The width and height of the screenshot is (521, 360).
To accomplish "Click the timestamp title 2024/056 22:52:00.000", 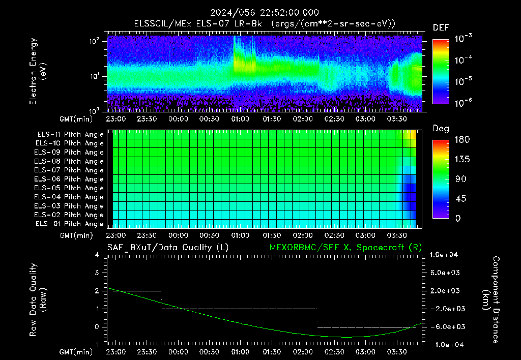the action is pyautogui.click(x=265, y=13).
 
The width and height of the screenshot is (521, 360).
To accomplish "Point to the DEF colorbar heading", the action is pyautogui.click(x=441, y=28).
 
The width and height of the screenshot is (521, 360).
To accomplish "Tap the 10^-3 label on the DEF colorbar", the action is pyautogui.click(x=463, y=38).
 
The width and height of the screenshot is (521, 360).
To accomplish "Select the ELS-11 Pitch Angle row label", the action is pyautogui.click(x=70, y=135).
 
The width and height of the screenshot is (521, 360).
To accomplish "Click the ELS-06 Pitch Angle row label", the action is pyautogui.click(x=69, y=179).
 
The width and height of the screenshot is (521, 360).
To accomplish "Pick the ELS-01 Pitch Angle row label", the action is pyautogui.click(x=70, y=224).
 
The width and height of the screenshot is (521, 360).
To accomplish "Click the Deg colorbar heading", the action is pyautogui.click(x=441, y=129).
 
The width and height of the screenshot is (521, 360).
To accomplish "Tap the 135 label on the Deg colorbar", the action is pyautogui.click(x=462, y=159).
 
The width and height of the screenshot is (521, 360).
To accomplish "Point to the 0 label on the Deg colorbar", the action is pyautogui.click(x=458, y=218).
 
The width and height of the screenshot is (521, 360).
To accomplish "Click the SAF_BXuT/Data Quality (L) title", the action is pyautogui.click(x=168, y=248).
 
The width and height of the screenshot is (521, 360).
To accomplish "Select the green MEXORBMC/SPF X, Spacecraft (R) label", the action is pyautogui.click(x=345, y=248).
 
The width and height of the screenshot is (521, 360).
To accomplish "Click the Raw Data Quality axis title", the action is pyautogui.click(x=37, y=299).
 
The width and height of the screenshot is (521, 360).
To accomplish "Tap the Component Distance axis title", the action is pyautogui.click(x=491, y=300).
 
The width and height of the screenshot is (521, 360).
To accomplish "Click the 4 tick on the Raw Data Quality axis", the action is pyautogui.click(x=97, y=255).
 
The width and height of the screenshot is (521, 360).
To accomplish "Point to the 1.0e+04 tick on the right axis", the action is pyautogui.click(x=444, y=255).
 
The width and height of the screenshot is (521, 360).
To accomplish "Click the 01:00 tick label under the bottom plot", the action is pyautogui.click(x=240, y=352).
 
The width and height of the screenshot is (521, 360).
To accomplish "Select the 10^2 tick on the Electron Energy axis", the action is pyautogui.click(x=94, y=41).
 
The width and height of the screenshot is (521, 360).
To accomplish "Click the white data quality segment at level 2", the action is pyautogui.click(x=137, y=291).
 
